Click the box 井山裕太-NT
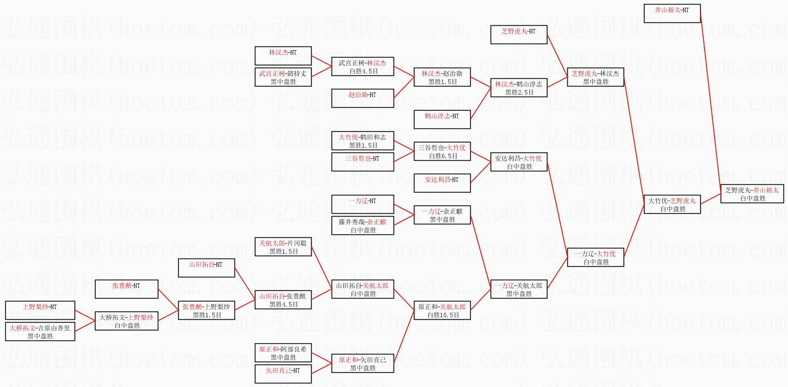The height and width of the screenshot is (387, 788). coord(672,13)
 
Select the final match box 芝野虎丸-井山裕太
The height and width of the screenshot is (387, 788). coord(752,194)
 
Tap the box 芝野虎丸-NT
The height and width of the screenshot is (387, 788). coord(518,34)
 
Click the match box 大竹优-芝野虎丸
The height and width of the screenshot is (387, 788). coord(672,205)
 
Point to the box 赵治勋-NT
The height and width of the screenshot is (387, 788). coord(362,98)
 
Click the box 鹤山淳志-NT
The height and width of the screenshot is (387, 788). coord(442,119)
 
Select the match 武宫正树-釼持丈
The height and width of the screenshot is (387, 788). coord(283,77)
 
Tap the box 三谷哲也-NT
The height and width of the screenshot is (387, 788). coord(362,161)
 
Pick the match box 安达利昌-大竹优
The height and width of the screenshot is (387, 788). coord(518,162)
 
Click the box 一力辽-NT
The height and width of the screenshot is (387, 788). coord(362,204)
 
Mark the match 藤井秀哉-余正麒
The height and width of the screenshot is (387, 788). coord(362,226)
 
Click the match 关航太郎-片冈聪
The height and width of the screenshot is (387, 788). coord(283,247)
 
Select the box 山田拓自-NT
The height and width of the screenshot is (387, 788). coord(206,268)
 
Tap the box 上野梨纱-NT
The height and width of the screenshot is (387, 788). coord(40,310)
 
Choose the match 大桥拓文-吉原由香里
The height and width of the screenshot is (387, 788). coord(40,332)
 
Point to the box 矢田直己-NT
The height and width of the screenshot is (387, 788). coord(283,374)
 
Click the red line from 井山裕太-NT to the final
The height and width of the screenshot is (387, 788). coord(711,102)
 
